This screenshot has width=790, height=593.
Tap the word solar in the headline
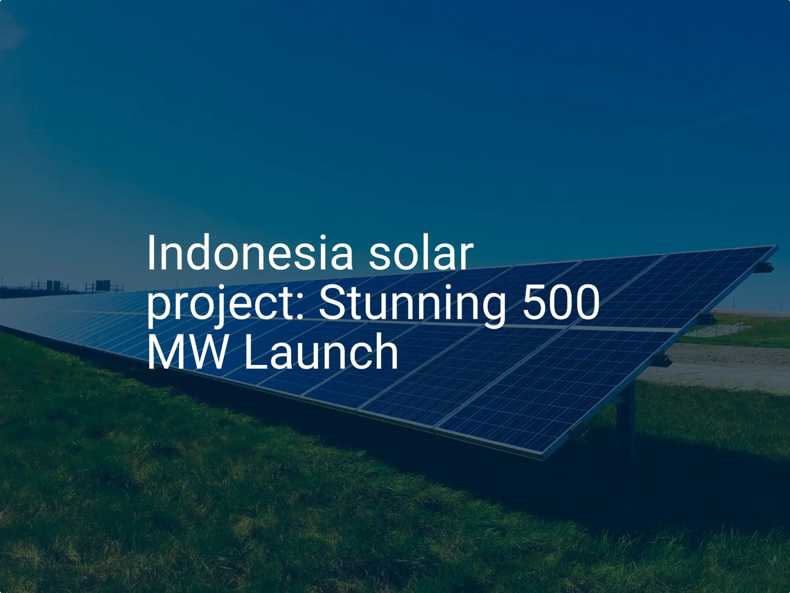(x=421, y=253)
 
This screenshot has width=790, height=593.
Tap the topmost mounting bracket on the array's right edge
(x=765, y=267)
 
